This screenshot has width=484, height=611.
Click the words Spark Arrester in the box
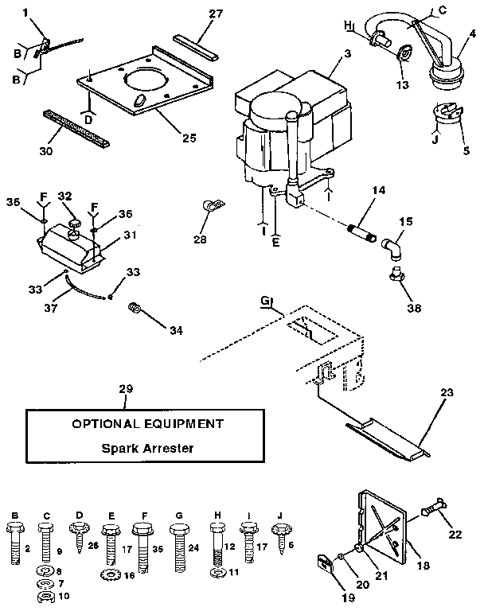(x=148, y=447)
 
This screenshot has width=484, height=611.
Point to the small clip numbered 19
(x=324, y=566)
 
